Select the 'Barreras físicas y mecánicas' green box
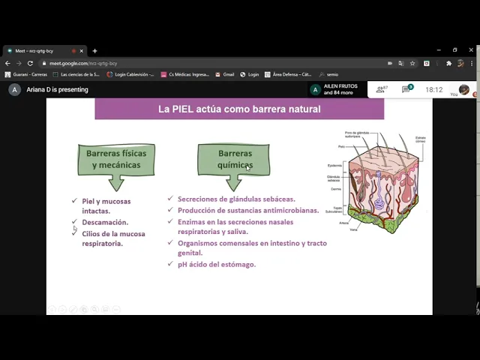(116, 159)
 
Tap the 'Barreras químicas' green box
(235, 159)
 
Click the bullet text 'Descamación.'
(105, 223)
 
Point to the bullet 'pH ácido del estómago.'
(217, 265)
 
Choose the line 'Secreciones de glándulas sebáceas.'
(236, 199)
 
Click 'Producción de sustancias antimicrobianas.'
(248, 211)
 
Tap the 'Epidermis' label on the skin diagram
(334, 166)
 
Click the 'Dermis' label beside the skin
(336, 190)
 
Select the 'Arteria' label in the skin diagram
(343, 223)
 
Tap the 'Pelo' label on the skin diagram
(341, 147)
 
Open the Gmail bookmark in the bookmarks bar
(228, 74)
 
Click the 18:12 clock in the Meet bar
(433, 90)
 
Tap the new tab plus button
(94, 51)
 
